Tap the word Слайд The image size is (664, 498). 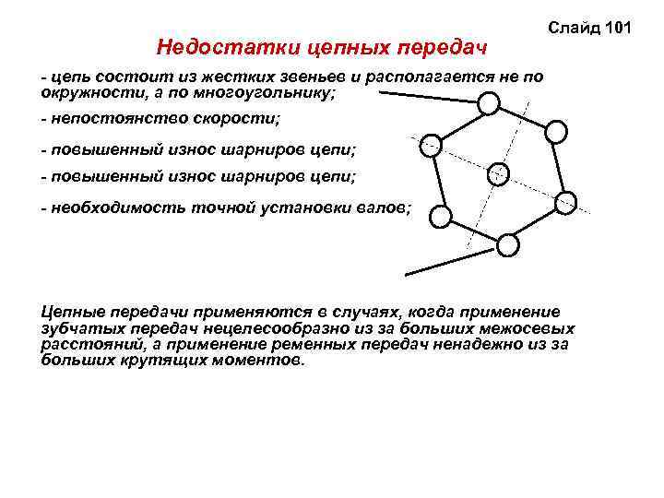click(x=573, y=30)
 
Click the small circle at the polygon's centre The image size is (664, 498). click(x=498, y=172)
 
